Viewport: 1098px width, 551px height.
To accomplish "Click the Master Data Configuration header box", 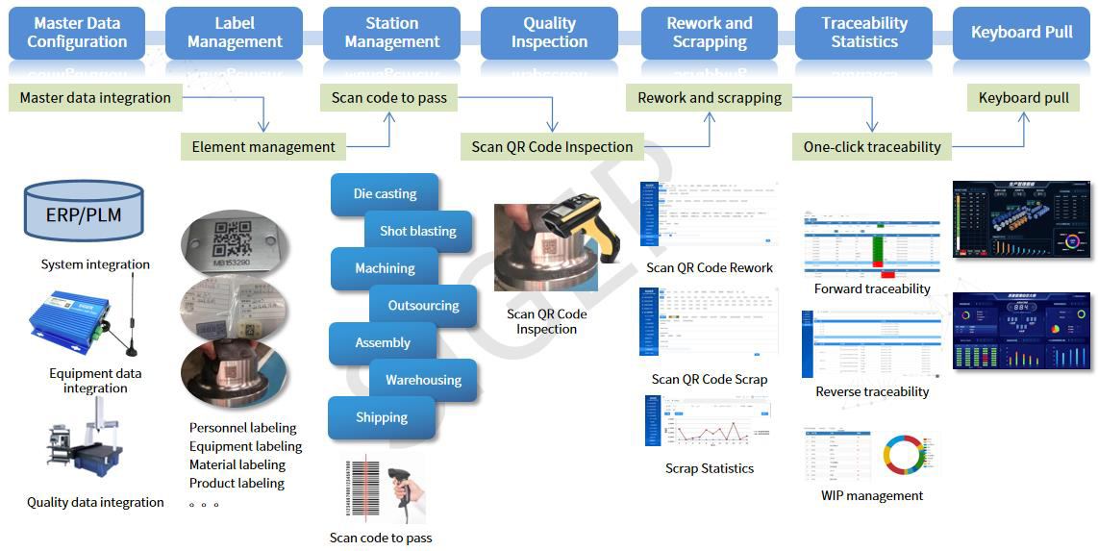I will [x=77, y=33].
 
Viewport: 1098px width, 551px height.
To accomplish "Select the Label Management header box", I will [x=235, y=33].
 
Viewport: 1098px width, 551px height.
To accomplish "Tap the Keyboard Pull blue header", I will [x=1021, y=33].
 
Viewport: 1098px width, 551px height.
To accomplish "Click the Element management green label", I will [x=263, y=147].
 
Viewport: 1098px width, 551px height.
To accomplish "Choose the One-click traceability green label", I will [x=872, y=147].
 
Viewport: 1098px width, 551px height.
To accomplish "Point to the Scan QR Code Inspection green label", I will [x=552, y=147].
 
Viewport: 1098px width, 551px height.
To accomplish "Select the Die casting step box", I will [x=385, y=194].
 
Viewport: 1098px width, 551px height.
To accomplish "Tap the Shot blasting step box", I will [x=418, y=231].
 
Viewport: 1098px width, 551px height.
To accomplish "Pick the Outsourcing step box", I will [x=423, y=306].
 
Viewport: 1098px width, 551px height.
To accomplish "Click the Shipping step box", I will [x=382, y=417].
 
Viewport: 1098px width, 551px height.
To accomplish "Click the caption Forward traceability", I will [x=872, y=288].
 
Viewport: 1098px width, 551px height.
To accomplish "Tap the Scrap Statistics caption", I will [x=710, y=468].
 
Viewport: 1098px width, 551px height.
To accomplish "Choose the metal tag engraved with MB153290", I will [x=234, y=238].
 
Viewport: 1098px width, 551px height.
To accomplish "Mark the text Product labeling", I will [x=237, y=483].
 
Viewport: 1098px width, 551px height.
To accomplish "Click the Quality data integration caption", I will [x=95, y=502].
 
